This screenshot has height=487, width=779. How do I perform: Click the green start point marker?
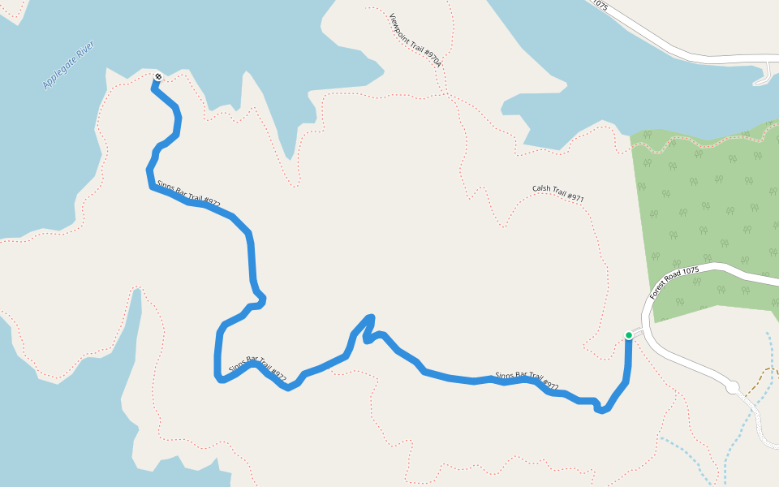(628, 335)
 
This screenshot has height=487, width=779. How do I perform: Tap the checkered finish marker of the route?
(157, 77)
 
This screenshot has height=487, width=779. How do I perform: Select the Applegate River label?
(68, 65)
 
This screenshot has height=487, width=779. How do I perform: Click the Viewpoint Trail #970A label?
(415, 40)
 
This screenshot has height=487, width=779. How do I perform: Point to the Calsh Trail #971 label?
(558, 193)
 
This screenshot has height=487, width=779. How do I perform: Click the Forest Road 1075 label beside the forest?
(674, 283)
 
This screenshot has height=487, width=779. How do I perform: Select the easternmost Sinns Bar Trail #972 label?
(527, 380)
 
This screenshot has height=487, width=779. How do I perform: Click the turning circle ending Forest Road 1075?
(732, 388)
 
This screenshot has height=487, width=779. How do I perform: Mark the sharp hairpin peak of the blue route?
(371, 317)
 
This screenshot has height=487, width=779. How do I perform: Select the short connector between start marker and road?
(638, 333)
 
